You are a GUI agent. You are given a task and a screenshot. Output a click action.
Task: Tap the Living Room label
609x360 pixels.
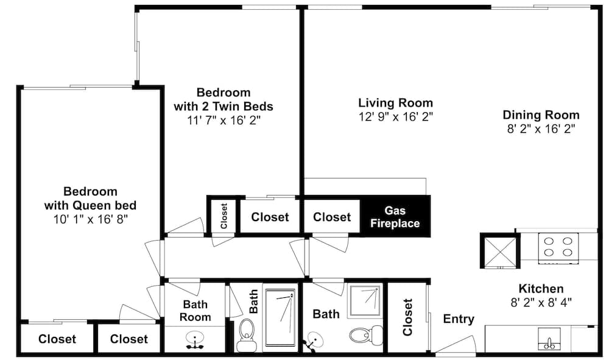pyautogui.click(x=395, y=102)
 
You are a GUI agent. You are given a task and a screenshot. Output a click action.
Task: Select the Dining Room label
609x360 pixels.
pyautogui.click(x=541, y=115)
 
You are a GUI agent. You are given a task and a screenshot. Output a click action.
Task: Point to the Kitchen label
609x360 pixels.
pyautogui.click(x=541, y=288)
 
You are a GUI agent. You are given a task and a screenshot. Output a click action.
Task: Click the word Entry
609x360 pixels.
pyautogui.click(x=458, y=319)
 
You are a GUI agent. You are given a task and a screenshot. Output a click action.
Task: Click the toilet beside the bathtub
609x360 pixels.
pyautogui.click(x=247, y=334)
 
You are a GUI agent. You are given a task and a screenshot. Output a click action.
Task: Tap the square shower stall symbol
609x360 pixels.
pyautogui.click(x=365, y=301)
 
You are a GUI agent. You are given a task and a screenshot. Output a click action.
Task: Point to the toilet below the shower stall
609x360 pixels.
pyautogui.click(x=365, y=334)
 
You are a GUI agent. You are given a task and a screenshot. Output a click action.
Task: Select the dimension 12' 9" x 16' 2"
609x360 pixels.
pyautogui.click(x=395, y=116)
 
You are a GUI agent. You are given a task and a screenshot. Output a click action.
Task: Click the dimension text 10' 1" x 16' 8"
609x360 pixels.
pyautogui.click(x=90, y=217)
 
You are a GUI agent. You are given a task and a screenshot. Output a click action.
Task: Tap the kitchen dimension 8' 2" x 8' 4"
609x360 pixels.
pyautogui.click(x=541, y=302)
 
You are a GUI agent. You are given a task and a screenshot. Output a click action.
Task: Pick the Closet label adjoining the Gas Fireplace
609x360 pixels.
pyautogui.click(x=332, y=217)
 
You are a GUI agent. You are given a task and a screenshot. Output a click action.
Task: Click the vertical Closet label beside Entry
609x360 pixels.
pyautogui.click(x=407, y=317)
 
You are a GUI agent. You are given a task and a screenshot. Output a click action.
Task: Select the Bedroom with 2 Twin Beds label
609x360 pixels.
pyautogui.click(x=223, y=99)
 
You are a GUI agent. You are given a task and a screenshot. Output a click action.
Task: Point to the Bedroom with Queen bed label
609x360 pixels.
pyautogui.click(x=90, y=198)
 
